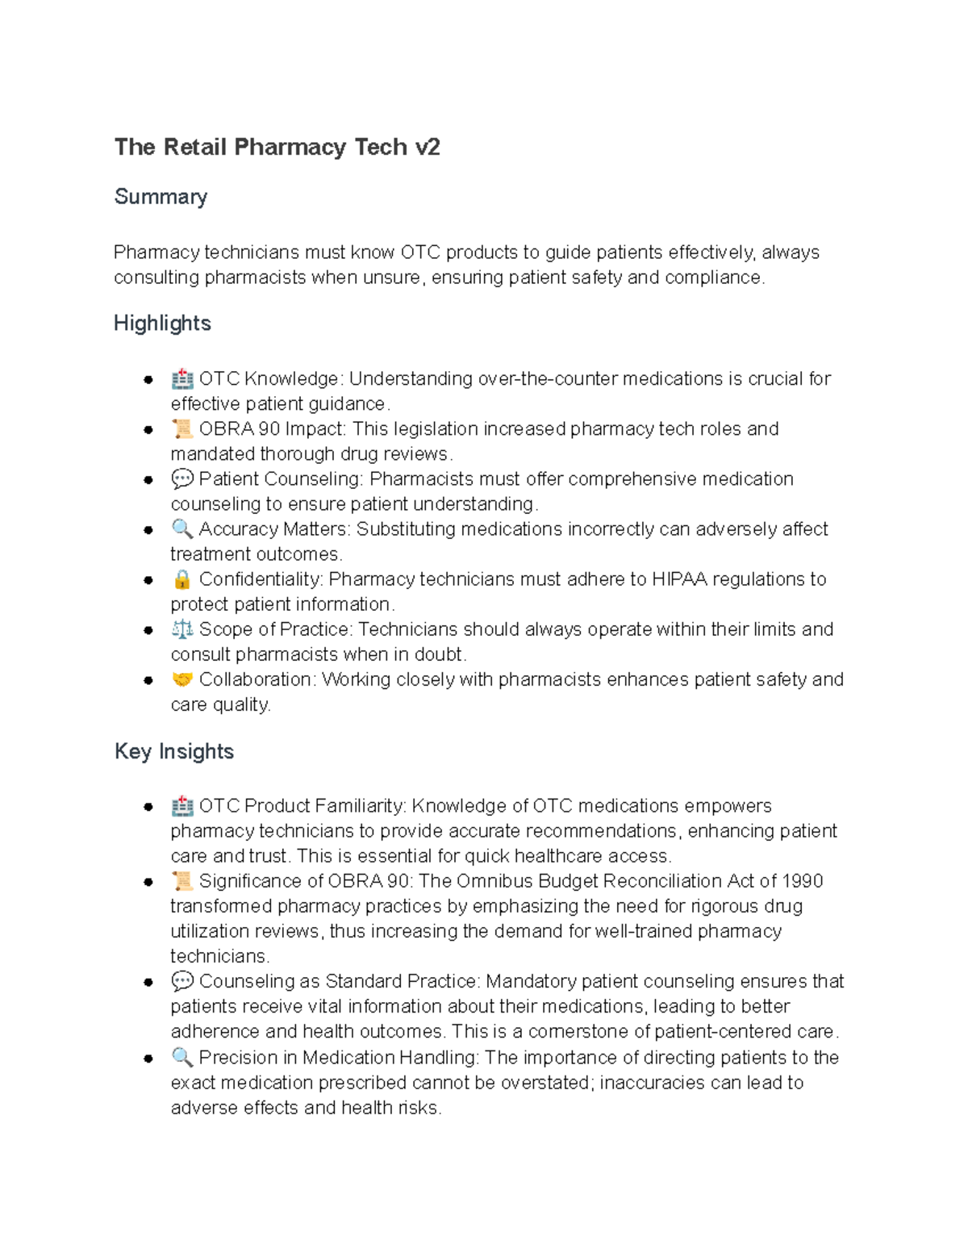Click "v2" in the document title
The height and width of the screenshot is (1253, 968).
click(x=427, y=147)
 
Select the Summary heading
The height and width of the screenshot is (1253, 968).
click(x=161, y=196)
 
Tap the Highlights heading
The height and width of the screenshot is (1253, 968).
click(x=162, y=323)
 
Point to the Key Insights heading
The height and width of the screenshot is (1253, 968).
click(x=174, y=751)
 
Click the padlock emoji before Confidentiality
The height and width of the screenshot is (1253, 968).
click(x=181, y=579)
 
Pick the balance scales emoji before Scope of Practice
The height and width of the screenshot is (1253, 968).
click(x=181, y=629)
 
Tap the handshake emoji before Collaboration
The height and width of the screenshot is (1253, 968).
click(x=181, y=679)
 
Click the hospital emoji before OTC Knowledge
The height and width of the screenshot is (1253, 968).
click(x=181, y=378)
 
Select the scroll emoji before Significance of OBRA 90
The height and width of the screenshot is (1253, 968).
click(x=181, y=881)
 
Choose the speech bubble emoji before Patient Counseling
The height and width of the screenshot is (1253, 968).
click(x=181, y=479)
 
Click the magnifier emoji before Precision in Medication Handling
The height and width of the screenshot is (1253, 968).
click(x=181, y=1057)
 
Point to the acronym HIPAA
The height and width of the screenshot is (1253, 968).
click(x=679, y=579)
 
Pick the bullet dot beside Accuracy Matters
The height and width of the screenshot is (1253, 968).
click(x=148, y=530)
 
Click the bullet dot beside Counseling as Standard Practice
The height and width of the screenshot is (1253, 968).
click(x=148, y=982)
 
